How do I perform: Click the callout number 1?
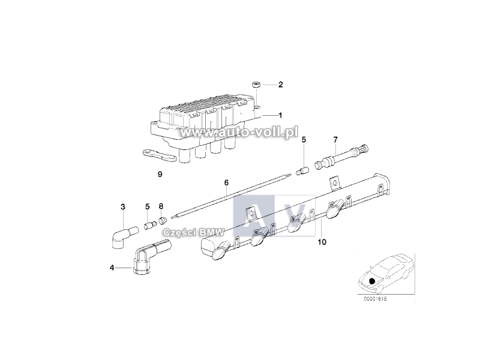pyautogui.click(x=280, y=115)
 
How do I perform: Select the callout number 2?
pyautogui.click(x=280, y=85)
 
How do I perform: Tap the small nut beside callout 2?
pyautogui.click(x=256, y=85)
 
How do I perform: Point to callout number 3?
pyautogui.click(x=123, y=207)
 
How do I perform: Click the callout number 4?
pyautogui.click(x=112, y=268)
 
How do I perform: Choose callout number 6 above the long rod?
pyautogui.click(x=226, y=183)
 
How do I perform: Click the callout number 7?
pyautogui.click(x=335, y=140)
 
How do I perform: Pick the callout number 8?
pyautogui.click(x=161, y=206)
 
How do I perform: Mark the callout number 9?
pyautogui.click(x=160, y=175)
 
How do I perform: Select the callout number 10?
pyautogui.click(x=322, y=242)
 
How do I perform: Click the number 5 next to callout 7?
pyautogui.click(x=304, y=140)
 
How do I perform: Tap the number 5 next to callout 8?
pyautogui.click(x=147, y=206)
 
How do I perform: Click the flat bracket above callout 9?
pyautogui.click(x=159, y=155)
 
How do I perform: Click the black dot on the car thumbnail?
pyautogui.click(x=372, y=281)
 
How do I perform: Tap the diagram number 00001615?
pyautogui.click(x=375, y=299)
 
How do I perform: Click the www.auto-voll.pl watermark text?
pyautogui.click(x=239, y=133)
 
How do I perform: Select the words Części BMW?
pyautogui.click(x=194, y=233)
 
